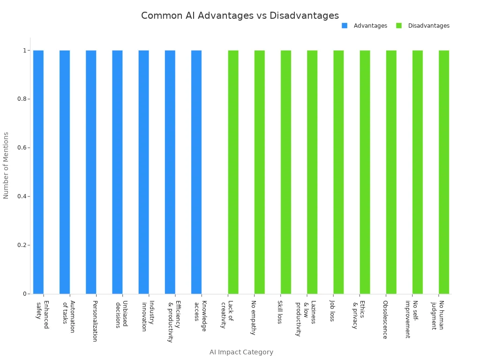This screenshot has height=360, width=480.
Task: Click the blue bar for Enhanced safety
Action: coord(38,172)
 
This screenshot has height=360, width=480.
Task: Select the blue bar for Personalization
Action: coord(91,172)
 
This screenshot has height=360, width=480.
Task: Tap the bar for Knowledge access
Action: coord(196,172)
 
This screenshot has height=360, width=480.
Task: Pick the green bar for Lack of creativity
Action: coord(233,172)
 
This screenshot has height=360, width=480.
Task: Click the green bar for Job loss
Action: coord(338,172)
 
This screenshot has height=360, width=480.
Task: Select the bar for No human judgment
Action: coord(444,172)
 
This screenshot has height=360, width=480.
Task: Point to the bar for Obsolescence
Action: coord(391,172)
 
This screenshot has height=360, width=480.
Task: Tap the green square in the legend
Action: coord(399,26)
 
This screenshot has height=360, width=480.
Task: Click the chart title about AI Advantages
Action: coord(240,15)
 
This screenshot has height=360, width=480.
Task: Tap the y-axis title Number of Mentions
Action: coord(6,165)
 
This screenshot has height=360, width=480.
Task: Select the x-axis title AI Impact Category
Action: coord(241,352)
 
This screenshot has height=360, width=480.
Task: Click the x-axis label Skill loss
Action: coord(280,312)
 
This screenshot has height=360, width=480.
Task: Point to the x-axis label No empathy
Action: coord(254,318)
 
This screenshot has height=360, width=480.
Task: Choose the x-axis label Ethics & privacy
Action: coord(359,315)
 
